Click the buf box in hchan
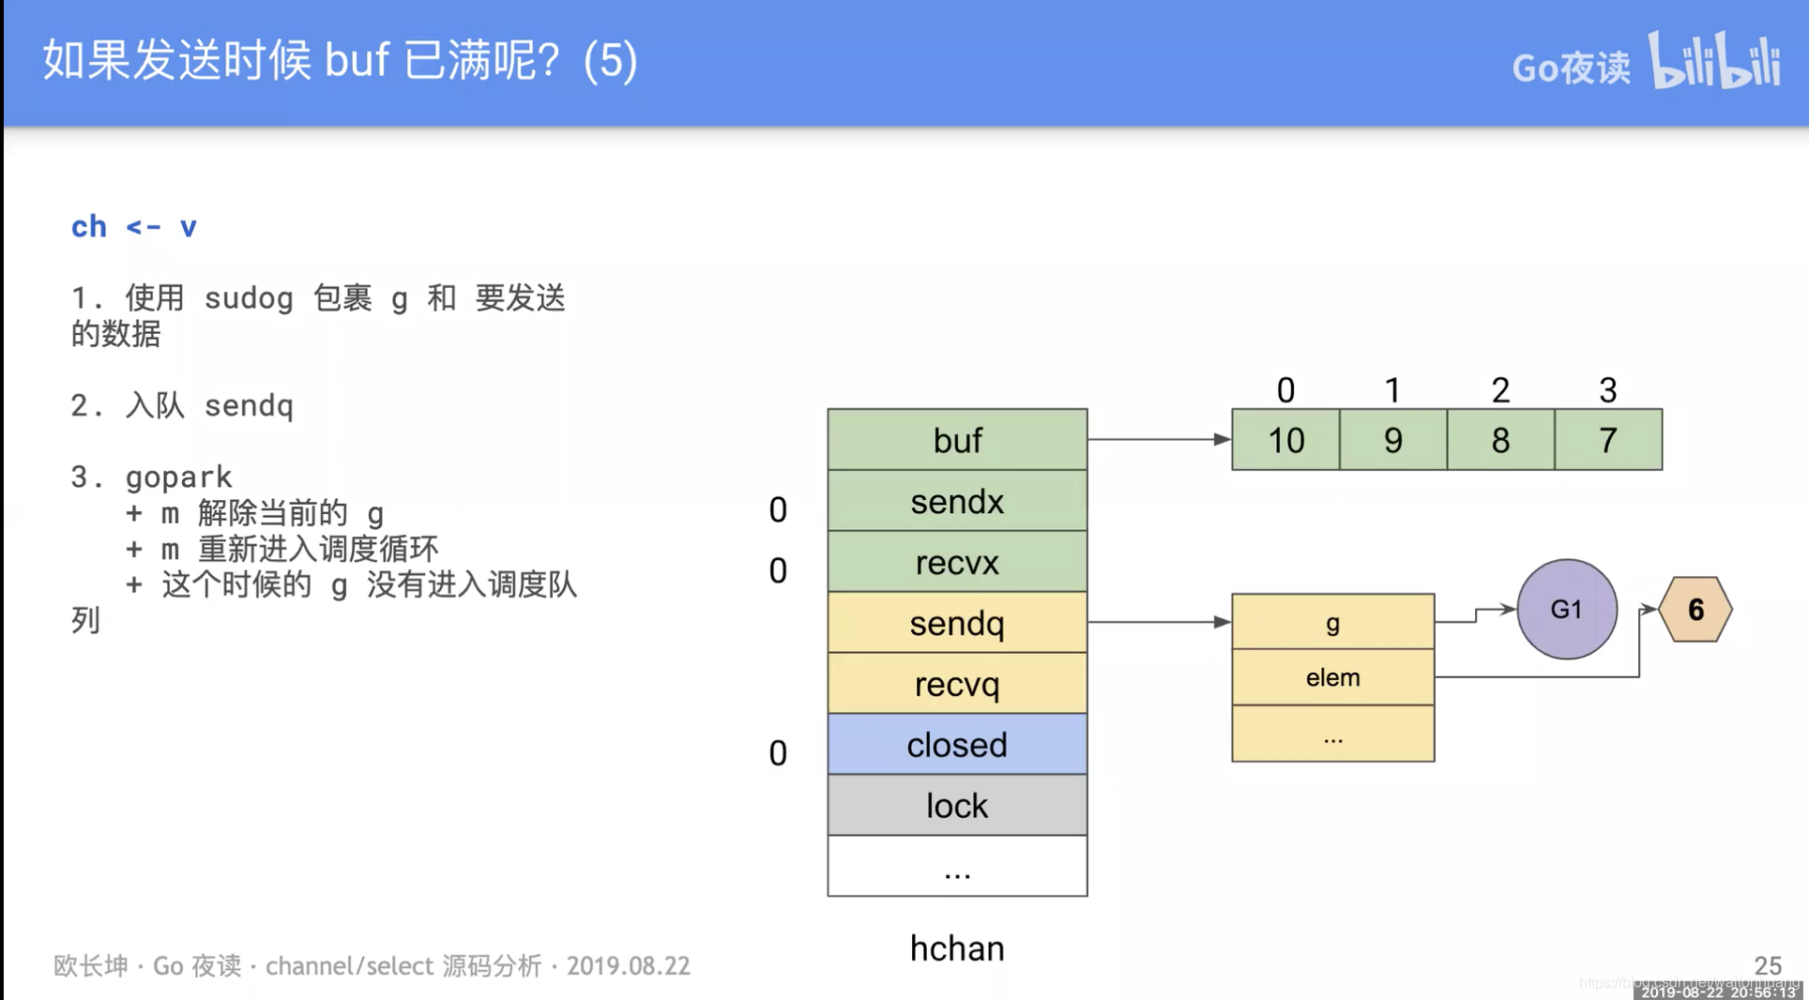pyautogui.click(x=957, y=439)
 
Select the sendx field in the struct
pyautogui.click(x=957, y=501)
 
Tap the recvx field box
pyautogui.click(x=957, y=562)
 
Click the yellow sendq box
pyautogui.click(x=957, y=623)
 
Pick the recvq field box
pyautogui.click(x=957, y=684)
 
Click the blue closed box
pyautogui.click(x=957, y=745)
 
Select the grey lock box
pyautogui.click(x=957, y=806)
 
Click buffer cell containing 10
pyautogui.click(x=1285, y=440)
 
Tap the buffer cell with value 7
pyautogui.click(x=1608, y=440)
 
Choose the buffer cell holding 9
pyautogui.click(x=1393, y=440)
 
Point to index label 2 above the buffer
pyautogui.click(x=1500, y=390)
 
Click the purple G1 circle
pyautogui.click(x=1566, y=610)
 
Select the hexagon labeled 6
pyautogui.click(x=1695, y=610)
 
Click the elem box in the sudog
pyautogui.click(x=1332, y=677)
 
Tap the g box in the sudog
pyautogui.click(x=1332, y=622)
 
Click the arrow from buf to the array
pyautogui.click(x=1159, y=439)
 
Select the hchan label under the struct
pyautogui.click(x=957, y=948)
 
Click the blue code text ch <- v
pyautogui.click(x=134, y=227)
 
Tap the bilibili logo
pyautogui.click(x=1714, y=61)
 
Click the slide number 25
pyautogui.click(x=1768, y=965)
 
